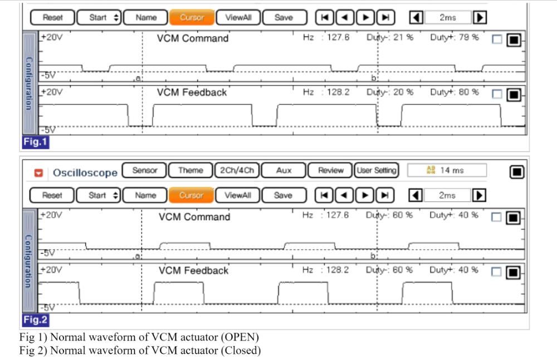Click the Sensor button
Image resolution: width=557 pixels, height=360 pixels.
coord(145,171)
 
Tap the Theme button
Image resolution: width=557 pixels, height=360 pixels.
coord(190,171)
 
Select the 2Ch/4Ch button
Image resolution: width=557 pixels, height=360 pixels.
coord(237,171)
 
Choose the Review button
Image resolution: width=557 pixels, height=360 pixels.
coord(330,171)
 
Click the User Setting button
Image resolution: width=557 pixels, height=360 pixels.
coord(377,171)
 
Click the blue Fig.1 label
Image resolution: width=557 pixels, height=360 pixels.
coord(36,142)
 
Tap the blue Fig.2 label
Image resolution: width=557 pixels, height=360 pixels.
coord(36,320)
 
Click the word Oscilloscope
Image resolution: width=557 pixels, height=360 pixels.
coord(85,173)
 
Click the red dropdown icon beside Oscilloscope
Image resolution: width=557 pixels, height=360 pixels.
coord(39,173)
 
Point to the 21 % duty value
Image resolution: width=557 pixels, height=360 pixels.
coord(404,37)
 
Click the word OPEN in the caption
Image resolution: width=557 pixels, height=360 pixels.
coord(241,337)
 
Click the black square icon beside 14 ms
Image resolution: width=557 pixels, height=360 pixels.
coord(517,172)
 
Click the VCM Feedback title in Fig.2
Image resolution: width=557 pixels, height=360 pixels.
coord(193,271)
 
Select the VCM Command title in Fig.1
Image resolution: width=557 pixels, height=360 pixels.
coord(193,38)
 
